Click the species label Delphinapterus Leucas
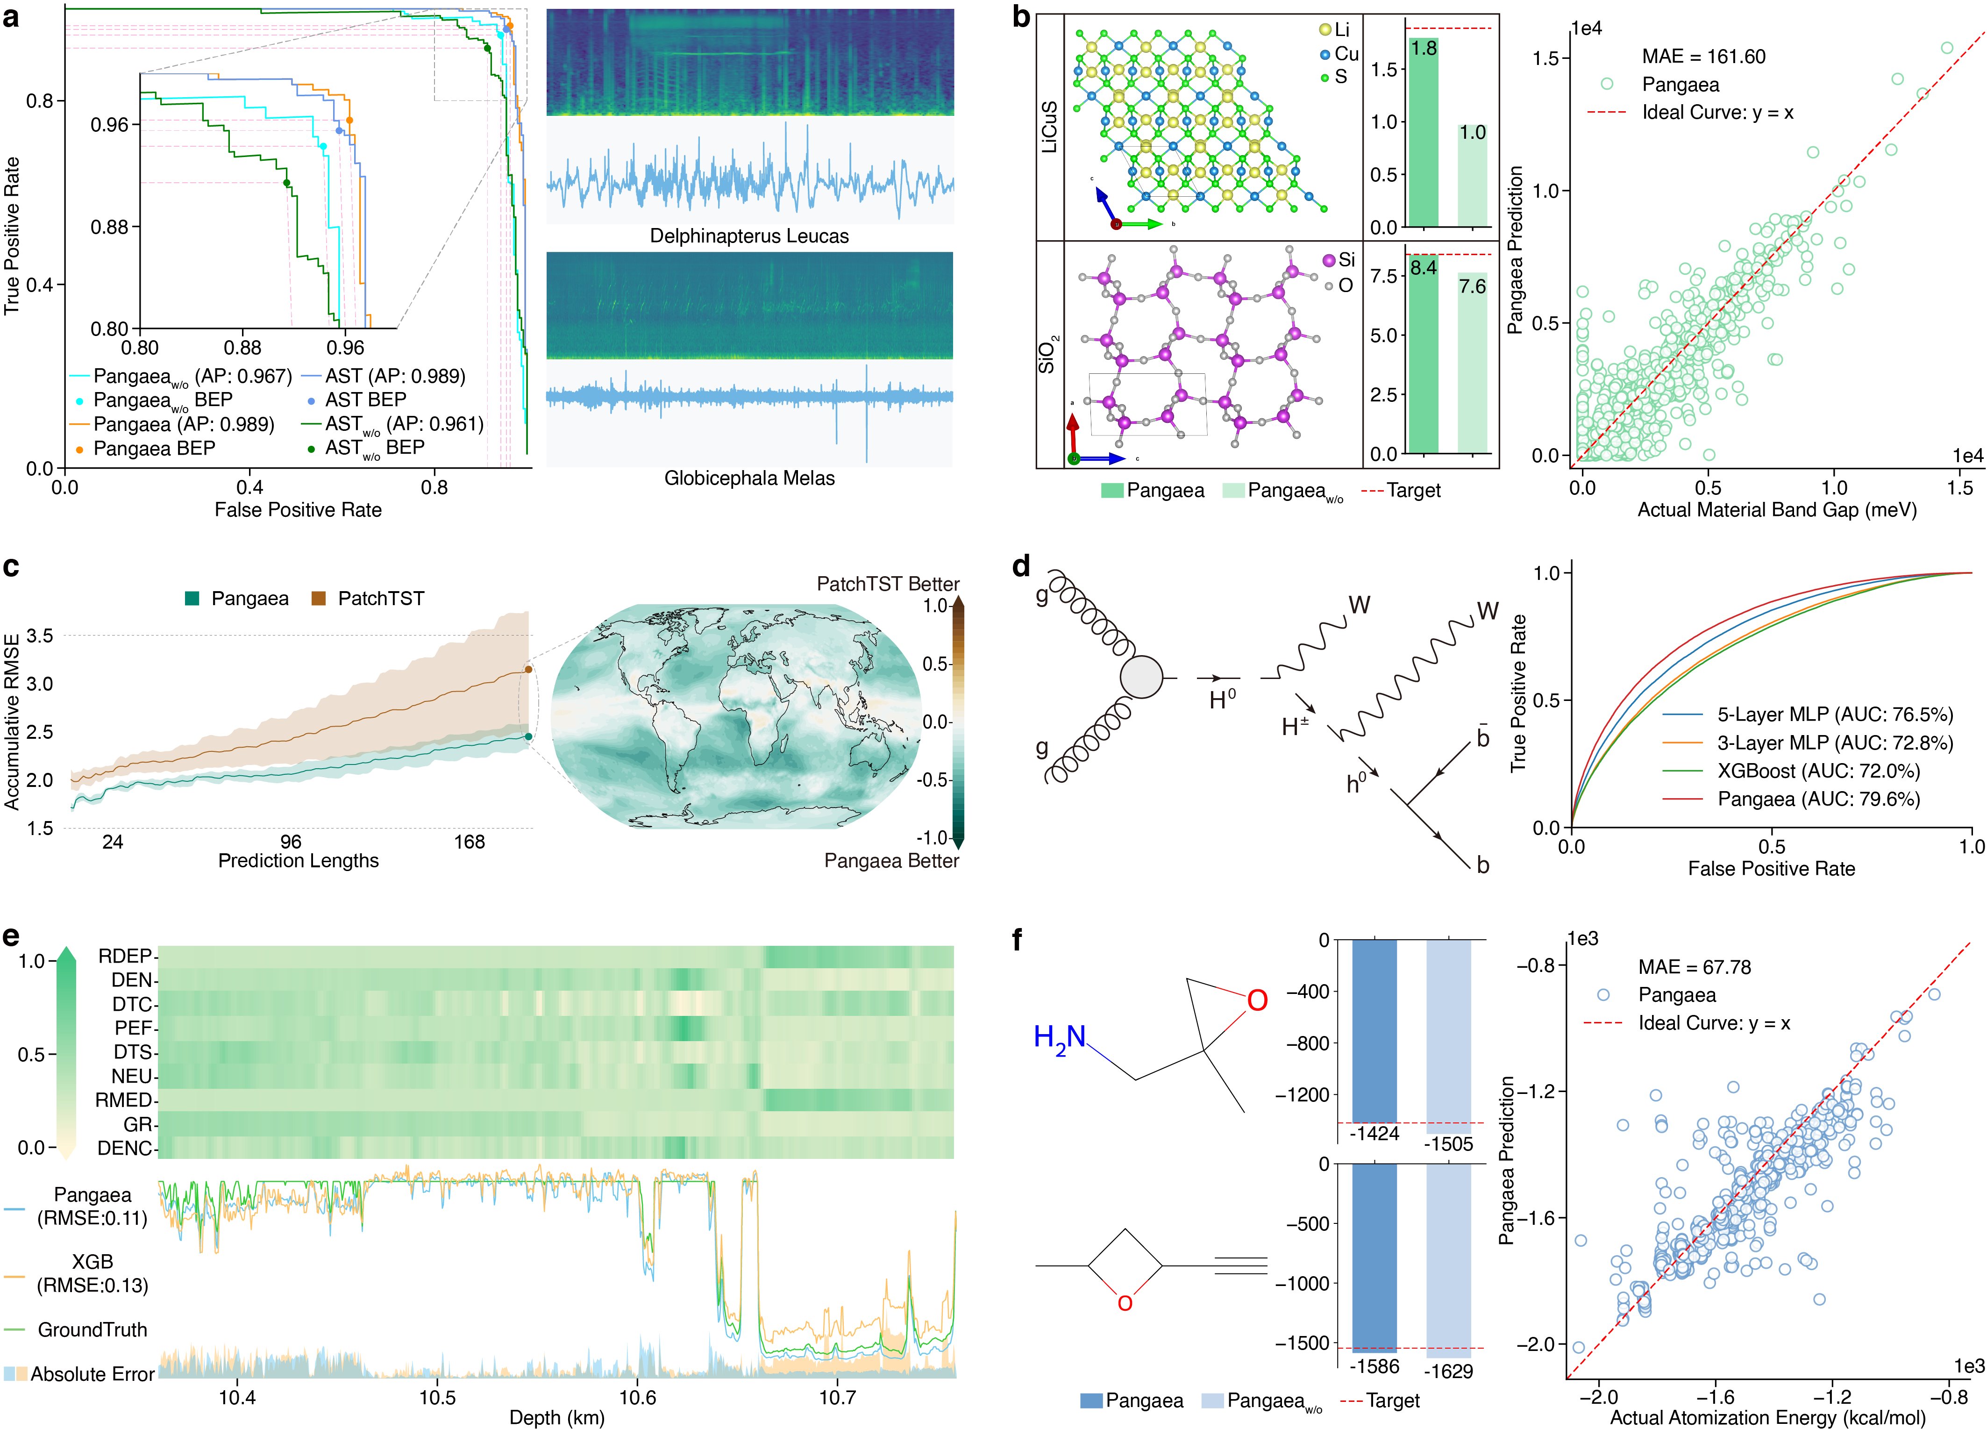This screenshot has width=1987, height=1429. (x=749, y=236)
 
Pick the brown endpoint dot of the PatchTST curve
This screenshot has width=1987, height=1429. (x=528, y=669)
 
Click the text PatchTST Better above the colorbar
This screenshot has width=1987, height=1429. (x=888, y=584)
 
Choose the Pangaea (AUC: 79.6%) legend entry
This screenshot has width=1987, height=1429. (x=1818, y=799)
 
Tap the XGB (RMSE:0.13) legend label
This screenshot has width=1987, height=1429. (x=92, y=1273)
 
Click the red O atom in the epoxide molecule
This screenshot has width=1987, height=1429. (x=1256, y=1000)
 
